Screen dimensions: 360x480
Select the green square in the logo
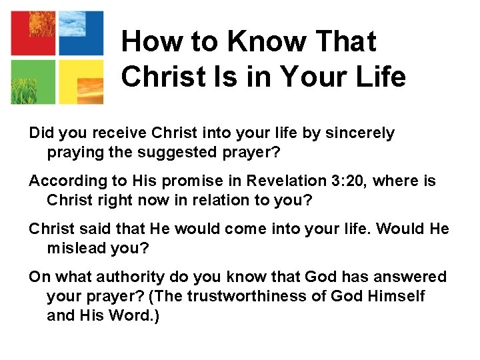(x=33, y=81)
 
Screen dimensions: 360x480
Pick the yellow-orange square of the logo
(x=81, y=81)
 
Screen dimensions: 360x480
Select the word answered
(x=413, y=277)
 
